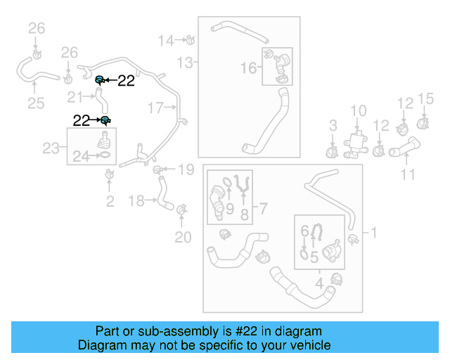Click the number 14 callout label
pos(165,40)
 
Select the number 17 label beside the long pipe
pos(155,108)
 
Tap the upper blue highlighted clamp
pos(101,79)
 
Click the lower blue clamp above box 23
pos(105,120)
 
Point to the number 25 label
pos(35,104)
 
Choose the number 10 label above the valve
pos(359,110)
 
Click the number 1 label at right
pos(374,232)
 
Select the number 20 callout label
pos(183,238)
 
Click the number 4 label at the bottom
pos(319,284)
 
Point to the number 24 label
pos(81,157)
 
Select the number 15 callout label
pos(426,98)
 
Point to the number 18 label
pos(138,201)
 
